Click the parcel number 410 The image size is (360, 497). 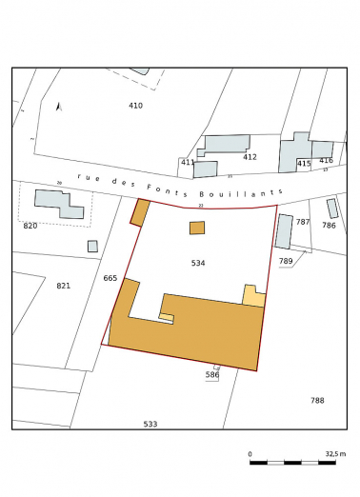[x=135, y=106]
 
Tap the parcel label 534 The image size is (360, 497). [x=197, y=262]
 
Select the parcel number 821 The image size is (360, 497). [x=63, y=286]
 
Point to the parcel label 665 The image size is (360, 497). [x=110, y=278]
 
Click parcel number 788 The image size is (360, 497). [x=317, y=400]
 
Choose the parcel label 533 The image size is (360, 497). [x=150, y=424]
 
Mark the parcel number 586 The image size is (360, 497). [x=212, y=375]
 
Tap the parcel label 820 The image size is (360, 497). [x=30, y=226]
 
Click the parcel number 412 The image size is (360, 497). [x=250, y=156]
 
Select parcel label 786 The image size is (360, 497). [x=329, y=226]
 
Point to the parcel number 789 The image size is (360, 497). [x=286, y=260]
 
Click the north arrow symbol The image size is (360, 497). [x=58, y=107]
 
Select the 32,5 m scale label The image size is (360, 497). [x=334, y=454]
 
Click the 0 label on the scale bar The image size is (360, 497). [x=250, y=454]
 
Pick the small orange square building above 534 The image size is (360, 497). [x=197, y=228]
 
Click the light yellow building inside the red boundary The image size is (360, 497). [x=253, y=295]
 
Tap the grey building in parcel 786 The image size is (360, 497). [x=332, y=209]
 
